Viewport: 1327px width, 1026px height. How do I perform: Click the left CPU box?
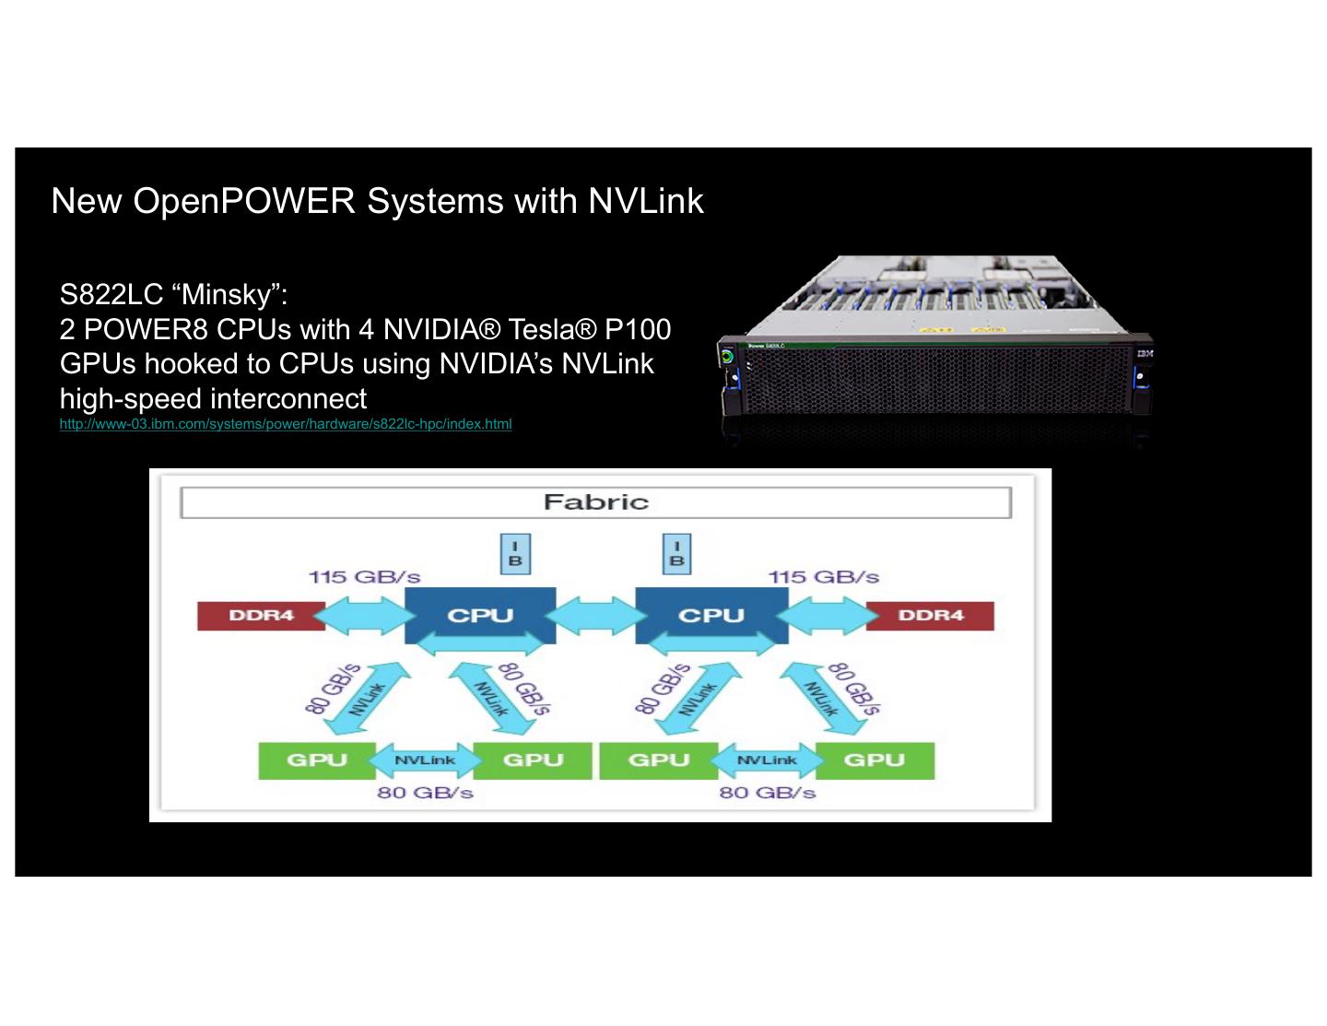point(480,615)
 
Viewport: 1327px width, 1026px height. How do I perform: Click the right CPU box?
point(710,615)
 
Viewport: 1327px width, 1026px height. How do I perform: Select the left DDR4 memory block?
point(261,616)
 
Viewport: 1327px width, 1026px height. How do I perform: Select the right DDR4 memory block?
point(930,616)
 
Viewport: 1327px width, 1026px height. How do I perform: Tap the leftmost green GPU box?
point(317,761)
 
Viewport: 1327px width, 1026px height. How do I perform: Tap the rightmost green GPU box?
point(875,761)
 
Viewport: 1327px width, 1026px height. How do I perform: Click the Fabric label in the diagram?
point(595,502)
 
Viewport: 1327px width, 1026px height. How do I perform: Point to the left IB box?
point(515,554)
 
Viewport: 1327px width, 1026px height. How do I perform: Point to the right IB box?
point(676,554)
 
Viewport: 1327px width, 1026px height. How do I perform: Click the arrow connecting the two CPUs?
point(595,616)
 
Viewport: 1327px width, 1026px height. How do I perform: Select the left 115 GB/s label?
point(364,577)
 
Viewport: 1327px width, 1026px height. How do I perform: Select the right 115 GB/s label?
point(824,577)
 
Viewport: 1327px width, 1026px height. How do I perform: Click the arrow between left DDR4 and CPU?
point(365,616)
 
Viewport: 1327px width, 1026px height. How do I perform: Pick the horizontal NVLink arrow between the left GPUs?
point(425,761)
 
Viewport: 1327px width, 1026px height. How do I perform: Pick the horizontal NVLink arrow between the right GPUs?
point(767,761)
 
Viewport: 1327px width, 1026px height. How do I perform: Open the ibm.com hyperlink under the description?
point(286,424)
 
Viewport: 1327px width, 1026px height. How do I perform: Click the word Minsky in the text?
point(226,295)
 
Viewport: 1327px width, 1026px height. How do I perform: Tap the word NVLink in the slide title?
point(646,201)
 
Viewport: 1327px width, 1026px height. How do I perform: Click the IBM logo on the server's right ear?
point(1145,354)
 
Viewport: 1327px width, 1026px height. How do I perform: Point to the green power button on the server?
point(727,356)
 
